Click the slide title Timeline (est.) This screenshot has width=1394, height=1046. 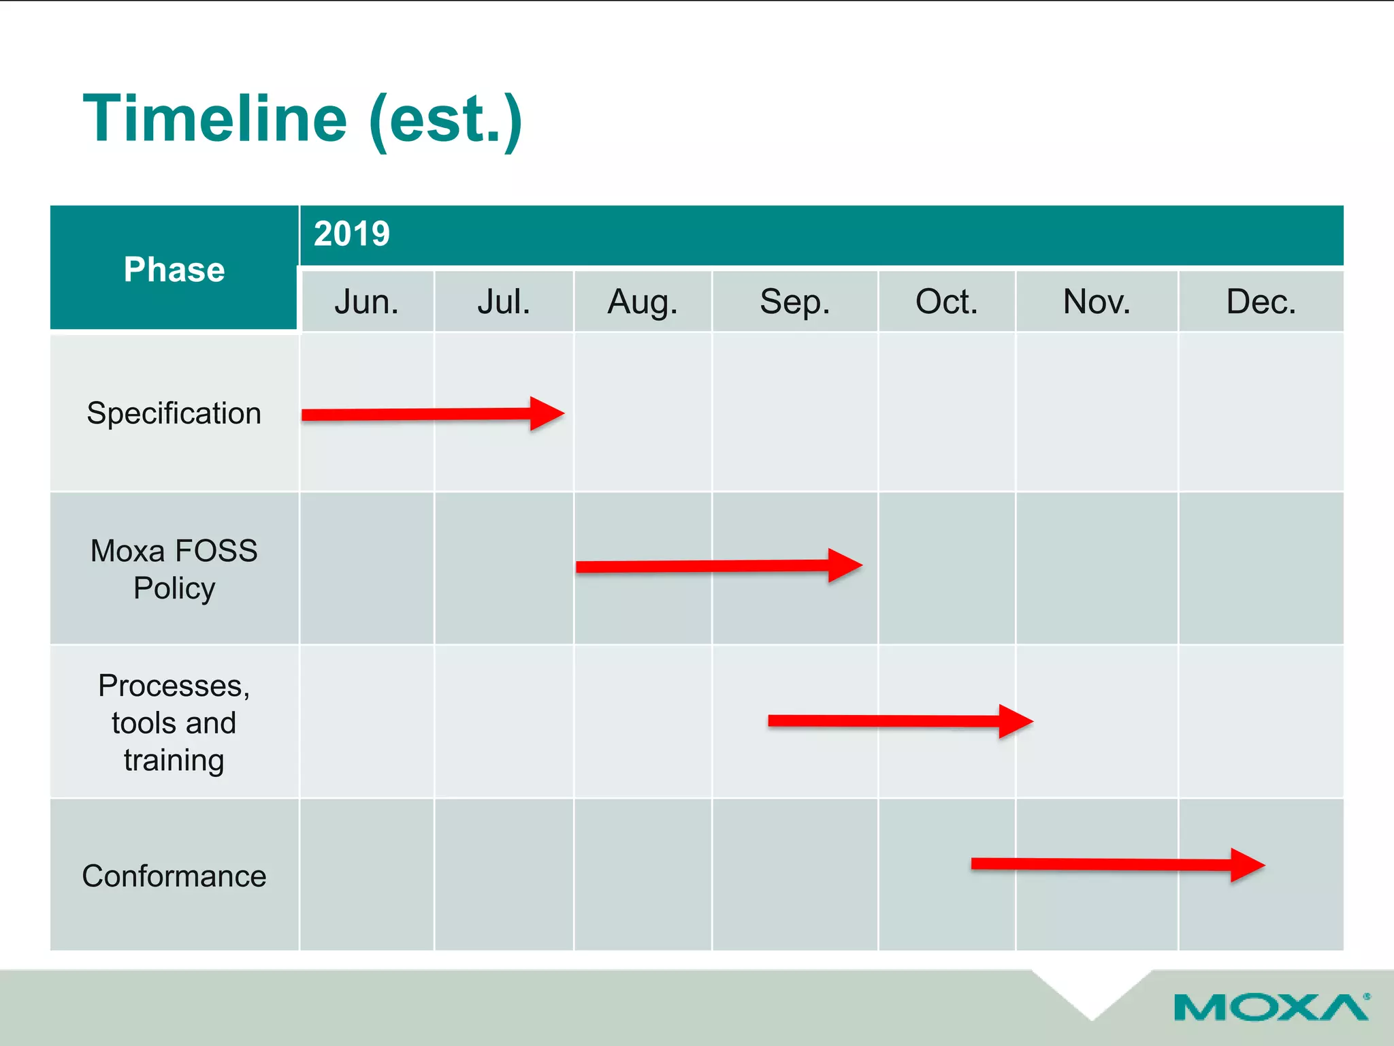pos(303,119)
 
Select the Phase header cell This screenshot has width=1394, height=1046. pos(174,269)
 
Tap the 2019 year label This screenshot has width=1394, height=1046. pos(352,234)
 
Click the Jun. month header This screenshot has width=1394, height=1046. pos(366,302)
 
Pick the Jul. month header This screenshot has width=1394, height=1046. pos(504,302)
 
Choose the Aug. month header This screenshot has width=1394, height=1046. pos(643,302)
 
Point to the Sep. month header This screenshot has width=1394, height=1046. pos(795,302)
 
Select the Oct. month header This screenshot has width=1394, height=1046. pos(946,302)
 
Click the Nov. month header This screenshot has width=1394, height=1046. pos(1097,302)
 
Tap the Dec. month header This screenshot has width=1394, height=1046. pos(1261,302)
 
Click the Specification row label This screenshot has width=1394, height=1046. pos(174,413)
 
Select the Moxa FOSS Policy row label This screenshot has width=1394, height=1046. pos(174,569)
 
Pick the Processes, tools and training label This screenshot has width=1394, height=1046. pos(174,723)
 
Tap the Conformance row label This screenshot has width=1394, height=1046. pos(174,876)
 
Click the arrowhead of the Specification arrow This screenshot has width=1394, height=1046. pos(546,413)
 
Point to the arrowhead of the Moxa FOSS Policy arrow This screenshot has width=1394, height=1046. pos(844,565)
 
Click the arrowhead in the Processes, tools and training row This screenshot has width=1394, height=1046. pos(1015,721)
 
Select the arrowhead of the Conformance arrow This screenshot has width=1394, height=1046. pos(1247,866)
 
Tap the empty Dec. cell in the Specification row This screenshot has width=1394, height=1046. pos(1261,412)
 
